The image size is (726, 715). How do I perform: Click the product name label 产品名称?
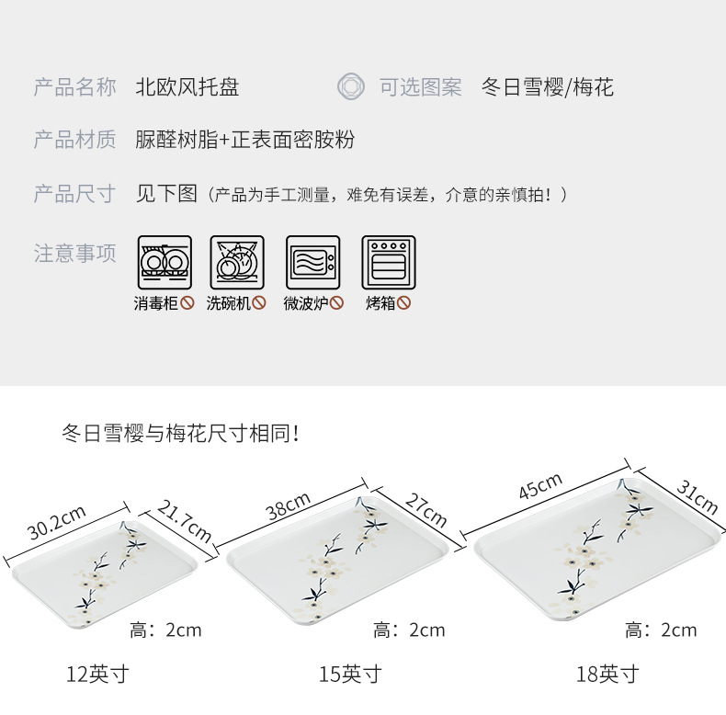click(75, 88)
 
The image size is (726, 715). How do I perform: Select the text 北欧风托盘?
click(187, 88)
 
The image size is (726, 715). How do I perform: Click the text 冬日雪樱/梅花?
click(547, 88)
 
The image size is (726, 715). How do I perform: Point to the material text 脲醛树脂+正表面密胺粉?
click(244, 141)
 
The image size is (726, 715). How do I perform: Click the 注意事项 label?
click(75, 254)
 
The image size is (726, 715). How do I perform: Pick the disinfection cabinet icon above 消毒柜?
click(164, 263)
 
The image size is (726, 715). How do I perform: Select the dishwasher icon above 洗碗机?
click(236, 263)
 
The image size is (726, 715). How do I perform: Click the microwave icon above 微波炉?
click(312, 263)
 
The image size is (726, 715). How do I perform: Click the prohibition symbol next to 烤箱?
click(404, 303)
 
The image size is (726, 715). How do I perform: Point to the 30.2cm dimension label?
click(57, 524)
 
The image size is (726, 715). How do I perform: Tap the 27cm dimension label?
click(426, 509)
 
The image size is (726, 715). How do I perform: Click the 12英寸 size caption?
click(97, 675)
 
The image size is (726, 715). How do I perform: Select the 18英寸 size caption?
click(607, 675)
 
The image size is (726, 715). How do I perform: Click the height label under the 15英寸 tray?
click(409, 630)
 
